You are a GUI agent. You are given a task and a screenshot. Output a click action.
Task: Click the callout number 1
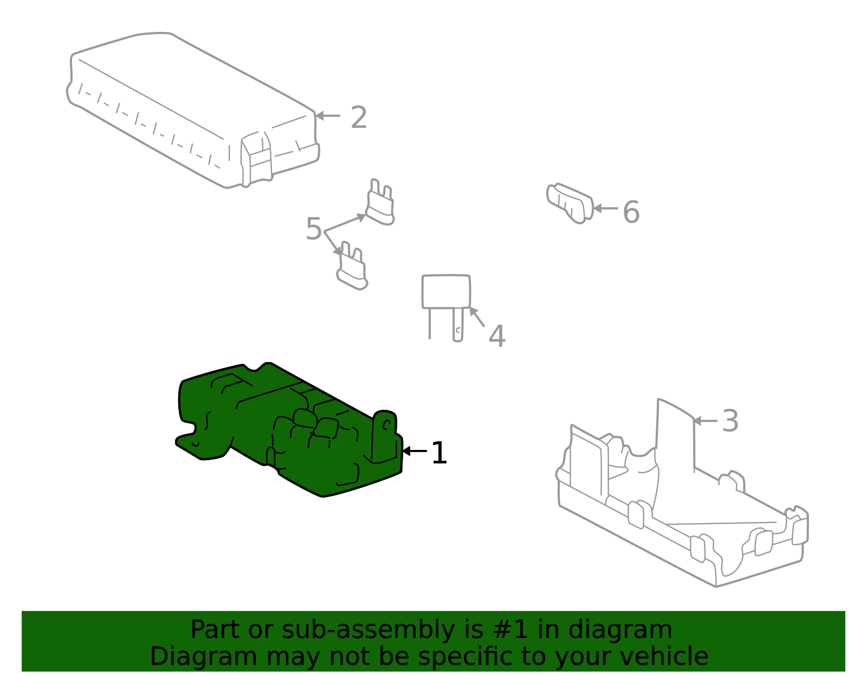[x=439, y=453]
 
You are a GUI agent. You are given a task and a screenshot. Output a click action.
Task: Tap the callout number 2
[x=359, y=118]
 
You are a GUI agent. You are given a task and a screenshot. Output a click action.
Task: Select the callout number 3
[x=730, y=421]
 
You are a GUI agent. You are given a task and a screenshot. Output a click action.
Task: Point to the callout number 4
[x=496, y=336]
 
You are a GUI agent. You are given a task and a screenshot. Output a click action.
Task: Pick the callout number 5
[x=314, y=229]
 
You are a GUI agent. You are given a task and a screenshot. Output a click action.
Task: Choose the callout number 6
[x=631, y=212]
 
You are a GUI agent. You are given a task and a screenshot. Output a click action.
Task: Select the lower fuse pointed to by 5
[x=352, y=268]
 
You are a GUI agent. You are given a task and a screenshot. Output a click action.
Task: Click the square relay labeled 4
[x=446, y=293]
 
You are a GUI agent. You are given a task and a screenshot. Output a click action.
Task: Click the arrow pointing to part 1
[x=415, y=451]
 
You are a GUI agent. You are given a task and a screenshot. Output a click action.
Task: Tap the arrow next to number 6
[x=605, y=208]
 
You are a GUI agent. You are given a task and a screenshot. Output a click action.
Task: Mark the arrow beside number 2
[x=327, y=115]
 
